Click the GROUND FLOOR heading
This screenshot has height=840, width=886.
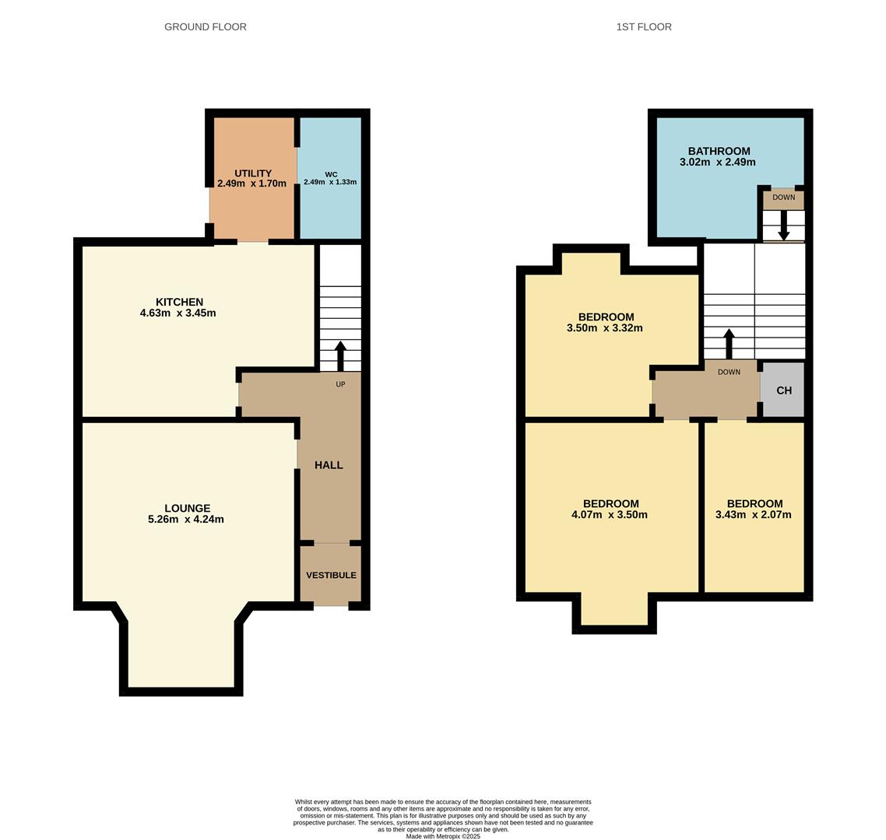pyautogui.click(x=205, y=26)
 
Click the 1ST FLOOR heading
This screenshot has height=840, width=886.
pyautogui.click(x=643, y=26)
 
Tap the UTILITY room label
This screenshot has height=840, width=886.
pyautogui.click(x=252, y=173)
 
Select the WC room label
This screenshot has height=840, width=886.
pyautogui.click(x=331, y=174)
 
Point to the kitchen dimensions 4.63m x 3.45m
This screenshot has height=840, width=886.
pyautogui.click(x=178, y=313)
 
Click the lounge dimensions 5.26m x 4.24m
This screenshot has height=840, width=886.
pyautogui.click(x=185, y=520)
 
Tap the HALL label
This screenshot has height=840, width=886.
pyautogui.click(x=329, y=465)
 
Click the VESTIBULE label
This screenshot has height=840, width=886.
pyautogui.click(x=331, y=576)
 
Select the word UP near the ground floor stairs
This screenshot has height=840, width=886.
pyautogui.click(x=340, y=384)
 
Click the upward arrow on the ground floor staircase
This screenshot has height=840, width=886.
pyautogui.click(x=340, y=355)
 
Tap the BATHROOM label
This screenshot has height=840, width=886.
pyautogui.click(x=719, y=151)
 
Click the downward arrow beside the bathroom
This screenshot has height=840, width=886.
pyautogui.click(x=783, y=226)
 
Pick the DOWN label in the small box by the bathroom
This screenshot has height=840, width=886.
pyautogui.click(x=783, y=198)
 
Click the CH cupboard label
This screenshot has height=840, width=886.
pyautogui.click(x=783, y=390)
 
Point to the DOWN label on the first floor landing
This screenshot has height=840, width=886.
pyautogui.click(x=729, y=373)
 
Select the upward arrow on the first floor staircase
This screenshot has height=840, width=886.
pyautogui.click(x=729, y=343)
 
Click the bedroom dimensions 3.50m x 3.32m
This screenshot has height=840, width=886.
pyautogui.click(x=605, y=328)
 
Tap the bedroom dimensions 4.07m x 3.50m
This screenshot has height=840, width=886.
pyautogui.click(x=610, y=515)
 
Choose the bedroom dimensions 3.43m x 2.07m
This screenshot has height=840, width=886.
pyautogui.click(x=753, y=515)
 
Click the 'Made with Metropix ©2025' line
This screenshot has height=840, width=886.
pyautogui.click(x=443, y=836)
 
